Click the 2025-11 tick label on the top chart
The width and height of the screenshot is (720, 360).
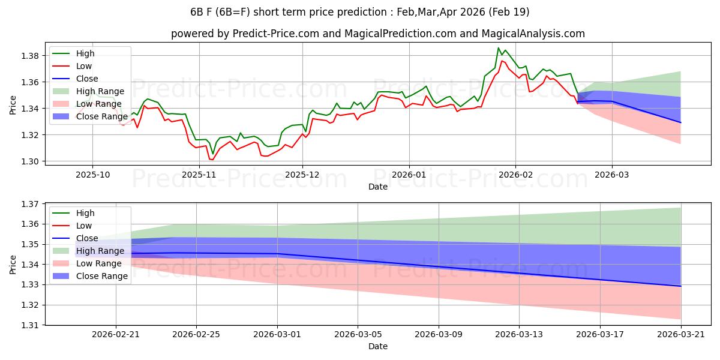point(199,175)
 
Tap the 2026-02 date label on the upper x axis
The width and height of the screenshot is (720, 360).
point(515,175)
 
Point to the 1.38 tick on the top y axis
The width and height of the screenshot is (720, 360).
point(30,56)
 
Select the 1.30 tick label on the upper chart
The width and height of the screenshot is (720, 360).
point(30,161)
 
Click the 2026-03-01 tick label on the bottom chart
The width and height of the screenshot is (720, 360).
point(277,335)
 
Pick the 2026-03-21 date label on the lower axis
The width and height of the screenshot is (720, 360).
point(681,335)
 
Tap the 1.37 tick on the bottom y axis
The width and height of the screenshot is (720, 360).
point(30,204)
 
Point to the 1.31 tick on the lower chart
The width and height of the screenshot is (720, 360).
point(30,325)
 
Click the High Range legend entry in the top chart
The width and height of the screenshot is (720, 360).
point(88,91)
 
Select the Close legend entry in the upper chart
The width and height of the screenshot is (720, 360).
point(75,79)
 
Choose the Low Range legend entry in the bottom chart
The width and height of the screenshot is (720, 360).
point(87,263)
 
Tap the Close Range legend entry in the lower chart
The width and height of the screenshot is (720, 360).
point(90,276)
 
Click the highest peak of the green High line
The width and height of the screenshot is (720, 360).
point(498,48)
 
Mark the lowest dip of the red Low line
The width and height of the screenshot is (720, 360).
point(212,160)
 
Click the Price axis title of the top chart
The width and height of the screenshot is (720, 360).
point(13,105)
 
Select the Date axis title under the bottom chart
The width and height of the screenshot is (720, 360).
point(378,346)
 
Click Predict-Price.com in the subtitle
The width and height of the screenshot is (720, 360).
point(276,34)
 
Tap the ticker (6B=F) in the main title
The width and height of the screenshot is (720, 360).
point(233,12)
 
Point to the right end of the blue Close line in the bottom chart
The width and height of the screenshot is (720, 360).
point(681,286)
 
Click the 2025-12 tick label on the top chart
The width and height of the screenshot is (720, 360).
point(302,175)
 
